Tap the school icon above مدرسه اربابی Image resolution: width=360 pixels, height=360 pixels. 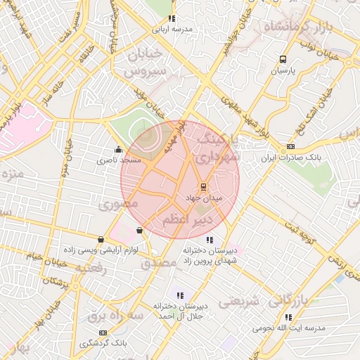[x=171, y=19]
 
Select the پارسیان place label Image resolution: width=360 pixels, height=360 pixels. [x=283, y=71]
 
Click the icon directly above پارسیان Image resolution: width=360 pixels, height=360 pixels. [x=283, y=60]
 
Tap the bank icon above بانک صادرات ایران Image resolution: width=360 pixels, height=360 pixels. [x=290, y=147]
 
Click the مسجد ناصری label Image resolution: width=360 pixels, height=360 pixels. [x=120, y=160]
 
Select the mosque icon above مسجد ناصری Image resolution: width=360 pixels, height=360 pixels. [x=118, y=149]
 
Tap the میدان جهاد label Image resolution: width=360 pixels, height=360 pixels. [x=203, y=199]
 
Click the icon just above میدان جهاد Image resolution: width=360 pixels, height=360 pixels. [x=203, y=187]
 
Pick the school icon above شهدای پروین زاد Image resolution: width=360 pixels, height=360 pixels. [x=210, y=241]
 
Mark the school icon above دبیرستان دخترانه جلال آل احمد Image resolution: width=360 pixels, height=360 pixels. [x=180, y=295]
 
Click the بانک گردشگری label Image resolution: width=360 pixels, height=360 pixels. [x=103, y=343]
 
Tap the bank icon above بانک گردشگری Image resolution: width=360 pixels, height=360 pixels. [x=103, y=333]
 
